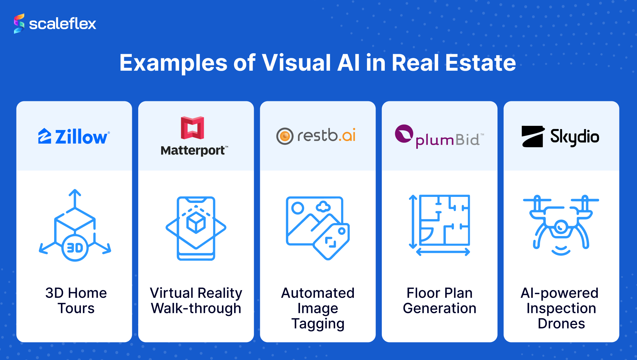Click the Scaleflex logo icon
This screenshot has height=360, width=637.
pyautogui.click(x=19, y=24)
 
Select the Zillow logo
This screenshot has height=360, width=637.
pyautogui.click(x=74, y=137)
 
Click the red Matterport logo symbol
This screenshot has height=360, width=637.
pyautogui.click(x=192, y=128)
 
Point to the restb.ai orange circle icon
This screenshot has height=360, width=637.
pyautogui.click(x=285, y=136)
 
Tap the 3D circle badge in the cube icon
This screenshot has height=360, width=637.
pyautogui.click(x=75, y=248)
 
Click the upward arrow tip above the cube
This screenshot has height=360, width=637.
pyautogui.click(x=75, y=190)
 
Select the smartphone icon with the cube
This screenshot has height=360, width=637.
pyautogui.click(x=196, y=228)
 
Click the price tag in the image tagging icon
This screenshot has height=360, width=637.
pyautogui.click(x=331, y=241)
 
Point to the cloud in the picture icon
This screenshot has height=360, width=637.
pyautogui.click(x=324, y=207)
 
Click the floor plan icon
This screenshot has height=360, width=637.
pyautogui.click(x=440, y=225)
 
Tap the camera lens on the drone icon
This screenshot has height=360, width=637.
pyautogui.click(x=561, y=227)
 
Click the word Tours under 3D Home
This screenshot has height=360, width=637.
pyautogui.click(x=76, y=308)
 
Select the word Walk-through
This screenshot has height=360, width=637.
pyautogui.click(x=196, y=308)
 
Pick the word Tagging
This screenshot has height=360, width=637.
pyautogui.click(x=318, y=324)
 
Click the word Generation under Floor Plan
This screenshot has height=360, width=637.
pyautogui.click(x=440, y=308)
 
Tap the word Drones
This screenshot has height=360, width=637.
pyautogui.click(x=561, y=324)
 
